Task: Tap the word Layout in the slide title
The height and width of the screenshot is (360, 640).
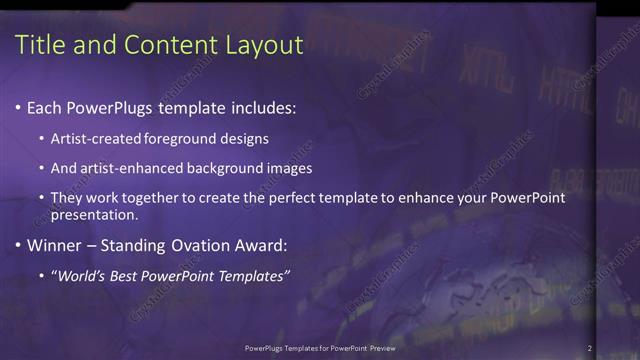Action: tap(262, 44)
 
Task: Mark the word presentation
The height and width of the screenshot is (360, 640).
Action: tap(94, 215)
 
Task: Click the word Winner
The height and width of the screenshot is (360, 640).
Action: tap(55, 245)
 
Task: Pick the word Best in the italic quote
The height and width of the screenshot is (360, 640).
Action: tap(131, 276)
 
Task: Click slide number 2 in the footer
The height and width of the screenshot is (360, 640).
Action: tap(590, 348)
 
